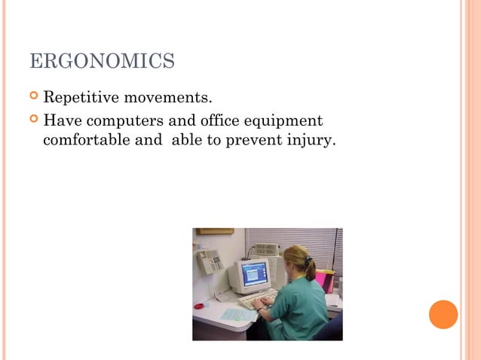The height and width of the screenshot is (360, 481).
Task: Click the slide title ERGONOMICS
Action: (x=102, y=61)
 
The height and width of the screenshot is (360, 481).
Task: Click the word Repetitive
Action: (x=78, y=98)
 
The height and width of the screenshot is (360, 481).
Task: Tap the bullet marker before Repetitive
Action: (x=34, y=98)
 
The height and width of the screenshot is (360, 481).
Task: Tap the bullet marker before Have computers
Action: (x=34, y=121)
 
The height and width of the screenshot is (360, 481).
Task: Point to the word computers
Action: (x=120, y=121)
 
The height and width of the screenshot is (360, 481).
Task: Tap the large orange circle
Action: (x=443, y=314)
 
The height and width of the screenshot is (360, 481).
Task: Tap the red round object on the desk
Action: (x=199, y=307)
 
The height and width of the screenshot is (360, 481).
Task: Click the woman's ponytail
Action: (x=309, y=269)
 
